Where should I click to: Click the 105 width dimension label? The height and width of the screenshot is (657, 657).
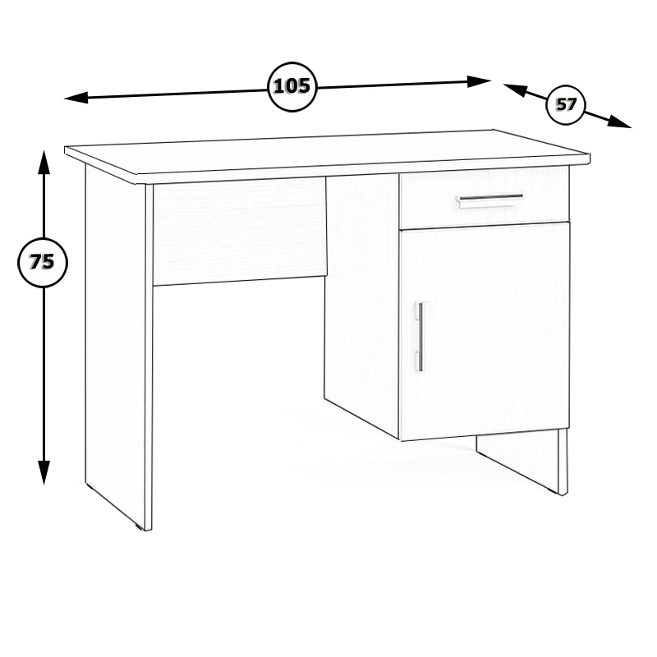click(x=292, y=86)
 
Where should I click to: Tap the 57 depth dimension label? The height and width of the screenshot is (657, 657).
click(x=566, y=104)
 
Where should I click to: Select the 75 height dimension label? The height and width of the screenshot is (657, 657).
click(x=42, y=262)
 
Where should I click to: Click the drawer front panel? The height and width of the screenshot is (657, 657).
click(x=485, y=198)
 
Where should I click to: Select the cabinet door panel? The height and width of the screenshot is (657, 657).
click(x=485, y=331)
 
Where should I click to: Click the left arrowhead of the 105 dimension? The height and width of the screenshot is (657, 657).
click(x=76, y=99)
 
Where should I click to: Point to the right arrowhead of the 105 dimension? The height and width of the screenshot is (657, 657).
click(x=479, y=81)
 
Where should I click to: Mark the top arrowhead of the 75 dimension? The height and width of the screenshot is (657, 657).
click(x=44, y=162)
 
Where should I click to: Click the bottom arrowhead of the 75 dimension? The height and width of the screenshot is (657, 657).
click(x=44, y=472)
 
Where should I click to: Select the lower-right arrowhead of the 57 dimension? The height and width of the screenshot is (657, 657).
click(x=620, y=122)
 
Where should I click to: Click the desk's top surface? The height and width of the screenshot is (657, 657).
click(x=326, y=152)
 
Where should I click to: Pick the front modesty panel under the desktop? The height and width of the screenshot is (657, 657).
click(x=240, y=232)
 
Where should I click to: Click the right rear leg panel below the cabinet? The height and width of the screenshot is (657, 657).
click(x=521, y=461)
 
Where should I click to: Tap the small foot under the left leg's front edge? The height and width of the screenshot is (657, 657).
click(x=139, y=526)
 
